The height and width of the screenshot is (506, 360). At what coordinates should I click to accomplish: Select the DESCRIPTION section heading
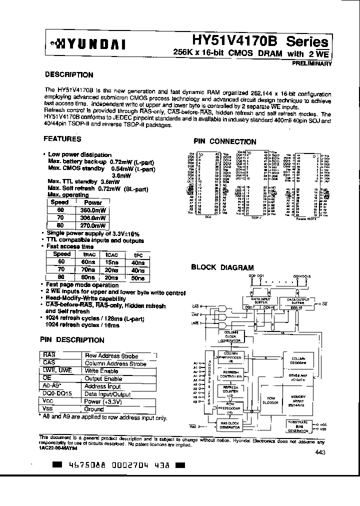(69, 75)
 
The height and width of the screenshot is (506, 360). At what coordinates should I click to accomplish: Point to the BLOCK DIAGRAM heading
(222, 267)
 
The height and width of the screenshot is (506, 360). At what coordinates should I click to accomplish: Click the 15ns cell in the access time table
(108, 261)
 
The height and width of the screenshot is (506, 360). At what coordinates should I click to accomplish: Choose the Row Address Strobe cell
(111, 356)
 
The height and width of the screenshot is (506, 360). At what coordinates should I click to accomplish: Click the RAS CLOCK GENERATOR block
(230, 425)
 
